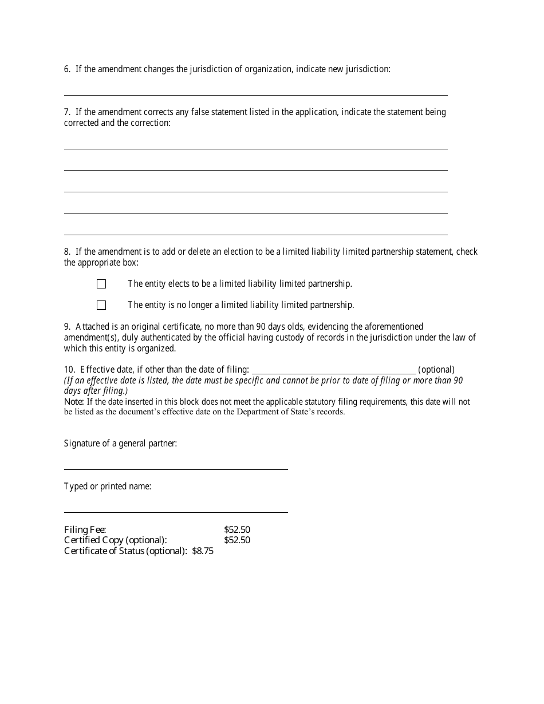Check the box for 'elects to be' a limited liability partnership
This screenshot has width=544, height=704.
(x=101, y=284)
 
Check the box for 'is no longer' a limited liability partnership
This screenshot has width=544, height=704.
(x=101, y=305)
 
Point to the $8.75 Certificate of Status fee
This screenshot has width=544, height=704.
(x=203, y=551)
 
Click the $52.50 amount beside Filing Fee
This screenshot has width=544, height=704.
(x=237, y=530)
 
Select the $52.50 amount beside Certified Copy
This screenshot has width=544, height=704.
(x=237, y=540)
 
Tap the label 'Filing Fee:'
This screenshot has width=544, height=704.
(x=85, y=530)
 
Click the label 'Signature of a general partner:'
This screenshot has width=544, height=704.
(x=120, y=444)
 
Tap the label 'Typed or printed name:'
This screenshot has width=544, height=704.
(x=108, y=487)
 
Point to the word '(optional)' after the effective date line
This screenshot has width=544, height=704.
(x=436, y=370)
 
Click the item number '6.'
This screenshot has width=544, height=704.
(x=68, y=69)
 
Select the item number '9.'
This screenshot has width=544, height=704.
(x=68, y=327)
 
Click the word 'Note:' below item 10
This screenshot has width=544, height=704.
(x=74, y=402)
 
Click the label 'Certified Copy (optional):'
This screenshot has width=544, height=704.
(x=116, y=540)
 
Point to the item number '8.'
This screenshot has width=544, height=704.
(x=68, y=252)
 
